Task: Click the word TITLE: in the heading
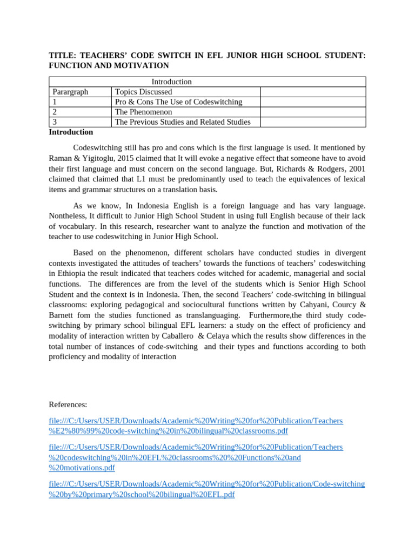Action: pos(61,55)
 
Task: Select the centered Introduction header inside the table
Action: pos(171,82)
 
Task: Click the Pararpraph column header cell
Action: pos(70,92)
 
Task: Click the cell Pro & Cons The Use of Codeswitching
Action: pos(179,102)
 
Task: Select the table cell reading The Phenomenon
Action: pos(144,112)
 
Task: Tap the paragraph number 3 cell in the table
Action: pos(55,122)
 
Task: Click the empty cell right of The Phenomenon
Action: pos(313,112)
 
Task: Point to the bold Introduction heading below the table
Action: pos(71,132)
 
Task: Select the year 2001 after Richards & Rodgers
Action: pos(354,168)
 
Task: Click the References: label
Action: pos(68,404)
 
